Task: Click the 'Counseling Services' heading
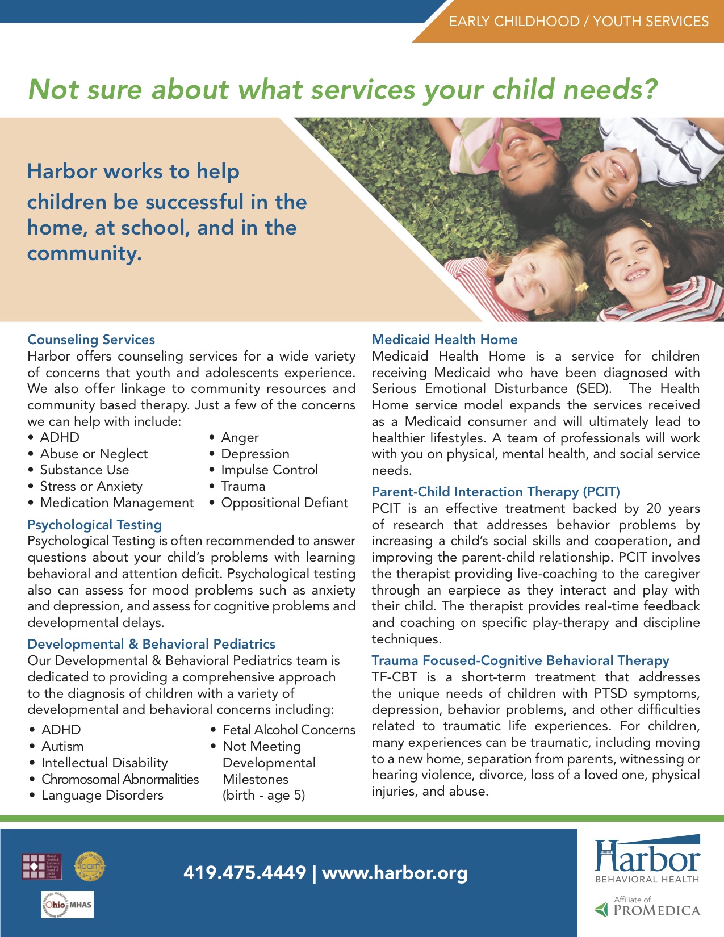[91, 340]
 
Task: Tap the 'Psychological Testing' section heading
[94, 525]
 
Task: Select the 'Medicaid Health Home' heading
[445, 340]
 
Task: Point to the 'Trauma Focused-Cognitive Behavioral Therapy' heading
[520, 660]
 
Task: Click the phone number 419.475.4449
[245, 872]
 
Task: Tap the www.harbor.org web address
[395, 872]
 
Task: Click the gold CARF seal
[90, 866]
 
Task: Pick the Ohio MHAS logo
[68, 905]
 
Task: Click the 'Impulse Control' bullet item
[269, 470]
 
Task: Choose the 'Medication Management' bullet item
[116, 503]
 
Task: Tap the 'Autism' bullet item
[62, 746]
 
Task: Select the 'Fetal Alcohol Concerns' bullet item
[288, 730]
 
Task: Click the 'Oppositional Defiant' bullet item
[284, 503]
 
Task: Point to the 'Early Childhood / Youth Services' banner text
[578, 22]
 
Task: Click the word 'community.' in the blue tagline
[84, 253]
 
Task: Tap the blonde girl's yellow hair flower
[580, 287]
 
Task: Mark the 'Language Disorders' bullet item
[102, 796]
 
